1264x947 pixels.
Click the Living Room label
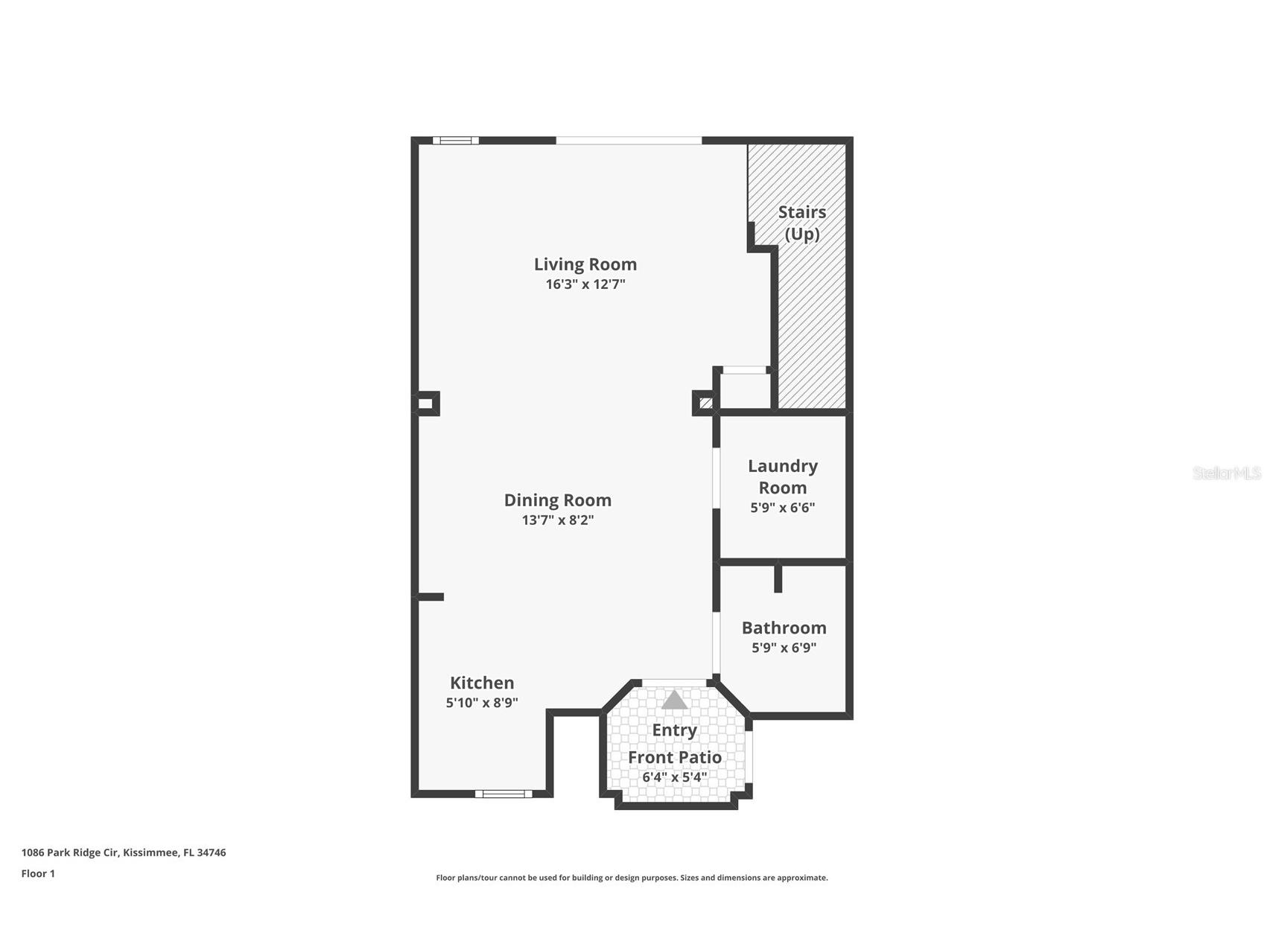[585, 264]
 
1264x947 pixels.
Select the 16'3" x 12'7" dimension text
[585, 284]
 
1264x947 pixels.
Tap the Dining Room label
[557, 500]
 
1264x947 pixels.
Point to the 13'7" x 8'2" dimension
[557, 520]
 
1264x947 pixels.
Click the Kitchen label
[482, 683]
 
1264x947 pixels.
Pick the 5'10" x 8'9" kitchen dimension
[482, 703]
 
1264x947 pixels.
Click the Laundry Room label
[782, 476]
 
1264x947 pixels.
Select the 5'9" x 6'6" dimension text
[782, 508]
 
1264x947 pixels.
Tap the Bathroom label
[784, 628]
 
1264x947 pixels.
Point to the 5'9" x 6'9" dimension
[784, 648]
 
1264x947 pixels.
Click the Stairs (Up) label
[802, 223]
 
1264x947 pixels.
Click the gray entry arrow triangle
[675, 701]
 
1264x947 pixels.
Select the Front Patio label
[674, 757]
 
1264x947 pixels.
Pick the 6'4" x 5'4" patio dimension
[674, 777]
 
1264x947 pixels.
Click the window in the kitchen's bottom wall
[504, 794]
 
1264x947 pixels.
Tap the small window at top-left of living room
[456, 140]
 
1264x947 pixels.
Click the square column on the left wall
[426, 404]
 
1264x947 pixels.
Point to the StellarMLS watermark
[1226, 473]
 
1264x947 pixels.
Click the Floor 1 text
[38, 874]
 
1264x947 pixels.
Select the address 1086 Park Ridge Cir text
[124, 853]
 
